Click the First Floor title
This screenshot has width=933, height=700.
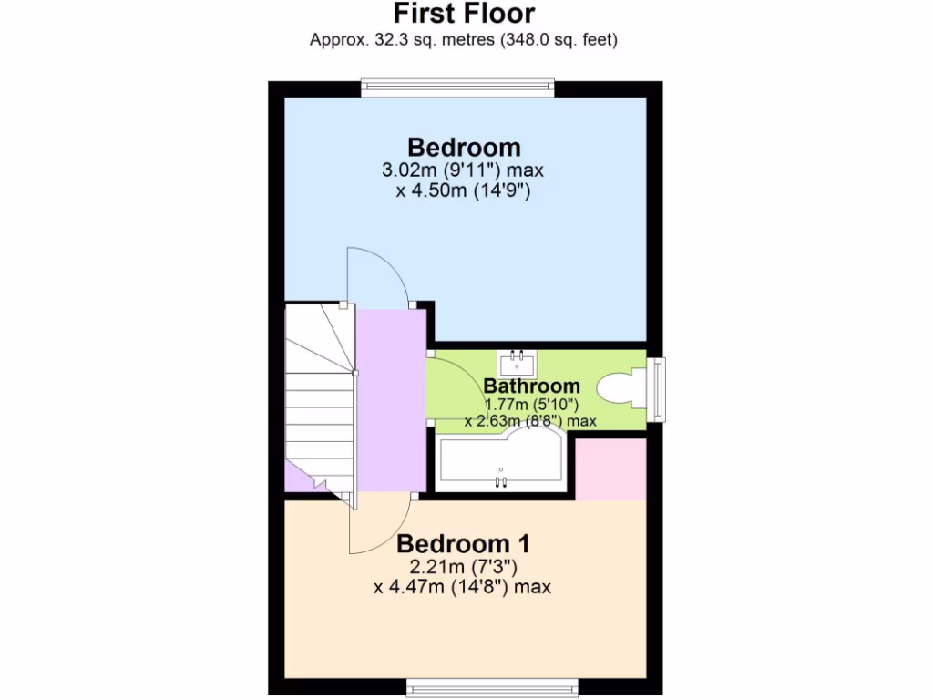coord(464,14)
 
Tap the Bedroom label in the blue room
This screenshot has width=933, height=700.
coord(464,147)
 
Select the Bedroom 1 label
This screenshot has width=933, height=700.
coord(463,544)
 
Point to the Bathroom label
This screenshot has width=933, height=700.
coord(531,386)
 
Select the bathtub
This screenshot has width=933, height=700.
coord(501,461)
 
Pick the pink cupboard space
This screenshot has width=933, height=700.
coord(611,468)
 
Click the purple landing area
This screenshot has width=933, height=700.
coord(390,401)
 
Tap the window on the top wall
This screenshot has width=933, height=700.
coord(457,87)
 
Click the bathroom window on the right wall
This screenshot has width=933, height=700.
coord(657,389)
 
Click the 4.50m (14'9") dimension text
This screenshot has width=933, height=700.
coord(463,191)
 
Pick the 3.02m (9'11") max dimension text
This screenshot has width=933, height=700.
coord(465,170)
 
